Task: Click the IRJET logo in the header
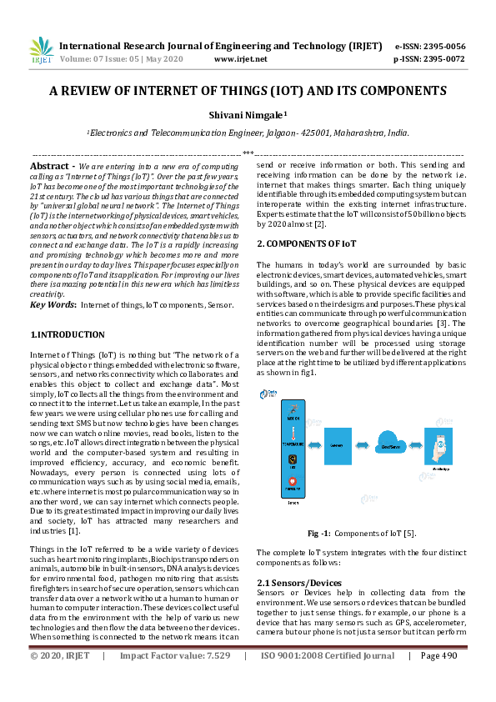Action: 40,52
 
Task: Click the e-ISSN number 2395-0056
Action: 443,46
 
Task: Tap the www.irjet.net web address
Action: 241,59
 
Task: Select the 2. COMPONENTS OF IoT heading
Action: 306,243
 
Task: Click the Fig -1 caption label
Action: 321,532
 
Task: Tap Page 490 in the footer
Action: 439,679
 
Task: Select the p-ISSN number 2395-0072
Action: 443,59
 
